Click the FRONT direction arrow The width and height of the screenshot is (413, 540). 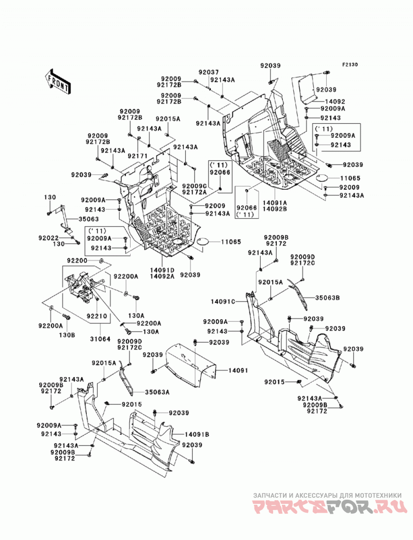58,81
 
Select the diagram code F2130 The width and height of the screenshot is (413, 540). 350,64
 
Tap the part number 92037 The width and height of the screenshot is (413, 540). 208,72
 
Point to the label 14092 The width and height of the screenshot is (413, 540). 335,102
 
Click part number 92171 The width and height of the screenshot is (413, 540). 137,156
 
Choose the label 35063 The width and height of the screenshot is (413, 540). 88,219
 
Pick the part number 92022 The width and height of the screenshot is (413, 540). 49,238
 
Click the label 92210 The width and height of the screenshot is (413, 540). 97,316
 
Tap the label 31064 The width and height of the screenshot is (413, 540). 100,339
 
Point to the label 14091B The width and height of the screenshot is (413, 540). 197,435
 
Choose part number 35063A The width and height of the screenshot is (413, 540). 157,392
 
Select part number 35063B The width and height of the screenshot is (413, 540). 327,298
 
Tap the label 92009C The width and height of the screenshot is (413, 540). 195,186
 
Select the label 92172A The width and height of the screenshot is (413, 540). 195,192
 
